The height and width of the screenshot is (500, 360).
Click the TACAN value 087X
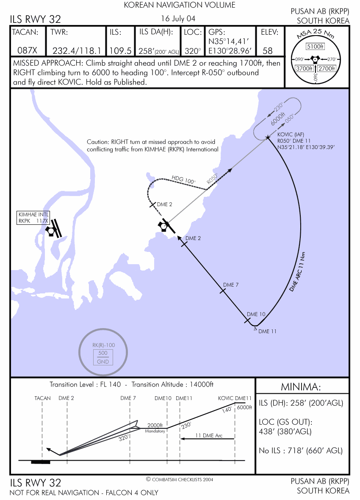tap(28, 51)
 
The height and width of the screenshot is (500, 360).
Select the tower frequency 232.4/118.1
tap(77, 51)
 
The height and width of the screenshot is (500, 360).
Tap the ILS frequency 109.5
tap(120, 51)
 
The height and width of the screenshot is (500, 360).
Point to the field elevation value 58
tap(268, 51)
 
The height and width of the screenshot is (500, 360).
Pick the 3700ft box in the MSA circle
tap(304, 68)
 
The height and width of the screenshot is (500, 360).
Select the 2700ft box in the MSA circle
tap(327, 68)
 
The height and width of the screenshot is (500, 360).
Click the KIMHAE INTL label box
tap(33, 217)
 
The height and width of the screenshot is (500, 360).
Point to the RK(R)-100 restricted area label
tap(104, 345)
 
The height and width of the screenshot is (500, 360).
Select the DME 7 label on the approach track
tap(231, 285)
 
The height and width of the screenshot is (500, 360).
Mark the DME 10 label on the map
tap(256, 314)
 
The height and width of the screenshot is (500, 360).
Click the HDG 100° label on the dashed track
tap(183, 180)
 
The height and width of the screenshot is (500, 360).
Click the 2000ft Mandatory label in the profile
tap(155, 427)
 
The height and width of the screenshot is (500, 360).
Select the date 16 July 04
tap(178, 19)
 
